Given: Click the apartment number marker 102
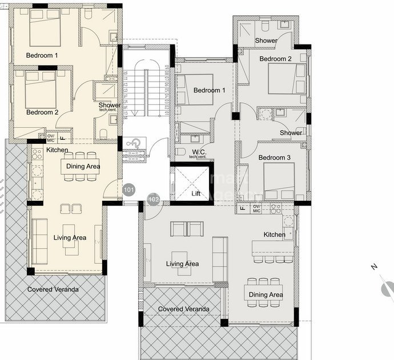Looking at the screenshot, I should pos(153,199).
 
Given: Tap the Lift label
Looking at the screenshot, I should pos(196,194).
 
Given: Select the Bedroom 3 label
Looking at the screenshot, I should pos(275,157).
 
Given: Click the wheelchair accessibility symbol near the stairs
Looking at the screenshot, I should pos(132,143).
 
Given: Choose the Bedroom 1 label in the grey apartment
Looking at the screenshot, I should pos(209,90).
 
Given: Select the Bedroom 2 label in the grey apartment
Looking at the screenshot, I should pos(275,59).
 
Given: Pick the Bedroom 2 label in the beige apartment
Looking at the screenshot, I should pos(42,112).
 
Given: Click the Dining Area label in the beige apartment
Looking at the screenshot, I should pos(83,167).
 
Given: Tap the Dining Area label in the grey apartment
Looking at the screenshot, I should pos(266,294).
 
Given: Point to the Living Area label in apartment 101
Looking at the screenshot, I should pos(70,237).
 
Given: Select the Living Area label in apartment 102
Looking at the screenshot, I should pos(182,264).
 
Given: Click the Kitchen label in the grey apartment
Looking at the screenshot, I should pos(274,234).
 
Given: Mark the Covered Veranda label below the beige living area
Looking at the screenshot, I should pos(53,289).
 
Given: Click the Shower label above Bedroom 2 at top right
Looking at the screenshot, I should pos(266,41).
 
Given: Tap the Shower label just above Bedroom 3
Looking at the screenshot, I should pos(291,133).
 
